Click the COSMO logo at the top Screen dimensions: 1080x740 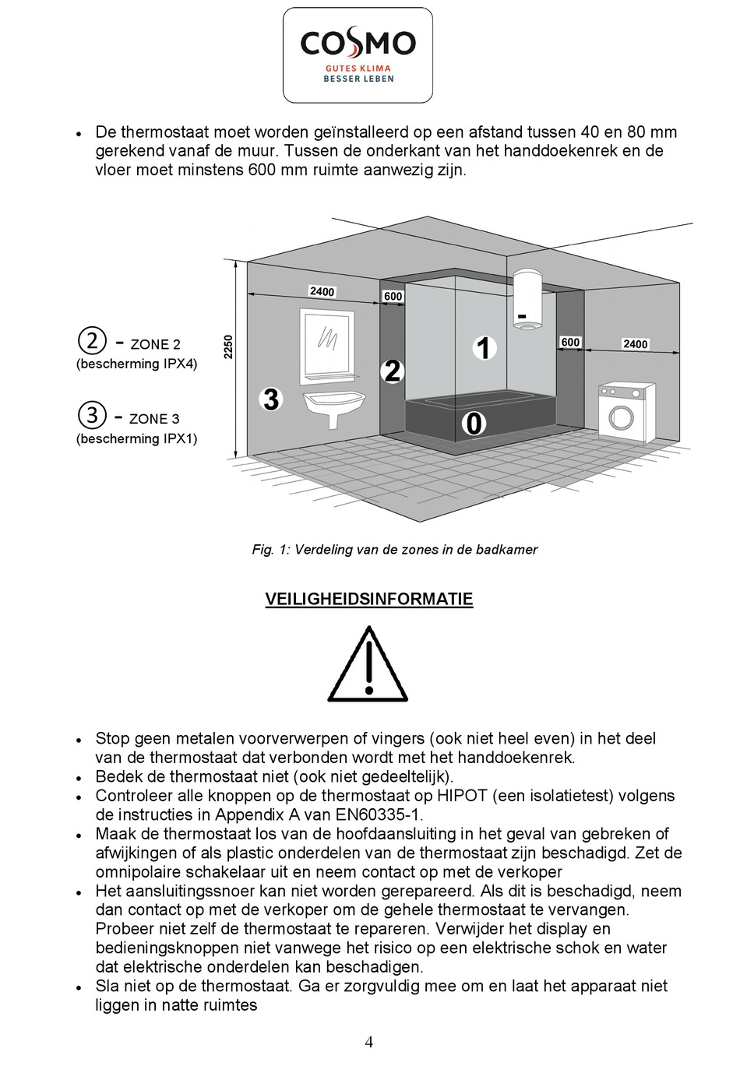[x=358, y=55]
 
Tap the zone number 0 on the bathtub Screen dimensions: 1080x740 [x=474, y=424]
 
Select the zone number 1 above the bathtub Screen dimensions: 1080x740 [x=484, y=348]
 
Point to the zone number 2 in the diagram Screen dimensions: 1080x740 [x=393, y=371]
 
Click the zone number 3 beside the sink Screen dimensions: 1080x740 [x=270, y=399]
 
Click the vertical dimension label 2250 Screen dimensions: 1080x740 [x=228, y=347]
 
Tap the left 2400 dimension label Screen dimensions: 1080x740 [x=322, y=291]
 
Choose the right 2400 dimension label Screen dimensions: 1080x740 [x=635, y=343]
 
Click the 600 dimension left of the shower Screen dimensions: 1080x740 [x=393, y=296]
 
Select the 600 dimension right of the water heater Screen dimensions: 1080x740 [x=570, y=342]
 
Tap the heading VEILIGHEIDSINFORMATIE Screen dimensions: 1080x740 [x=368, y=599]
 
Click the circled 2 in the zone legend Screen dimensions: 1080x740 [x=92, y=340]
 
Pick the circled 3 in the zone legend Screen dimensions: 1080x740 [x=92, y=415]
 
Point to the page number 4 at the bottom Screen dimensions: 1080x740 [x=369, y=1042]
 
